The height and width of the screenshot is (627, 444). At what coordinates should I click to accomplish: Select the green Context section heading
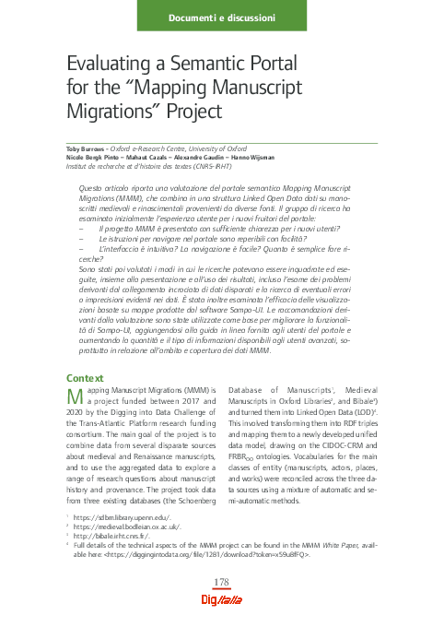coord(87,379)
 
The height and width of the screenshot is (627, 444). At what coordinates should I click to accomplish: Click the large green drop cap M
coord(78,398)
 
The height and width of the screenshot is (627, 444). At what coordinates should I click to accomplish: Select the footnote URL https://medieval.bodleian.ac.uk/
coord(117,528)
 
